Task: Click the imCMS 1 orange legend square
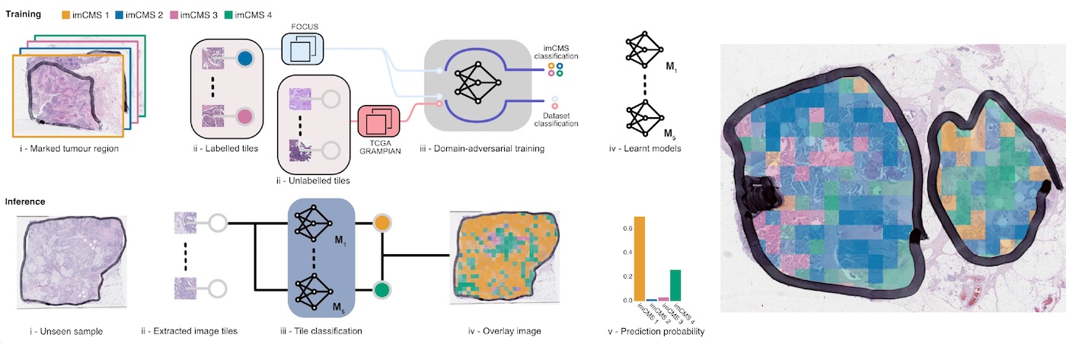(x=65, y=15)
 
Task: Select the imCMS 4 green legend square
(x=228, y=15)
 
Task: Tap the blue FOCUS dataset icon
(x=303, y=49)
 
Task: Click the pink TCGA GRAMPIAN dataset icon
(x=379, y=121)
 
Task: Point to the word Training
(x=24, y=14)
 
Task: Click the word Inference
(x=25, y=202)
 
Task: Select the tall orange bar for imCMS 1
(x=640, y=259)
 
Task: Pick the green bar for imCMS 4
(x=675, y=285)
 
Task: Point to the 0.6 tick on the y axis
(x=627, y=229)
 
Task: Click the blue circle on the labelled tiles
(x=244, y=59)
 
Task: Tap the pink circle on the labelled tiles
(x=244, y=116)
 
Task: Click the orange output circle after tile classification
(x=382, y=223)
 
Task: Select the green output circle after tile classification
(x=382, y=290)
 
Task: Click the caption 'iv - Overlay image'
(x=504, y=331)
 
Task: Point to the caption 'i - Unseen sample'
(x=66, y=332)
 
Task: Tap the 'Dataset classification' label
(x=556, y=119)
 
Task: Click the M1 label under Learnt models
(x=671, y=67)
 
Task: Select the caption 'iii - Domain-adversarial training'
(x=482, y=148)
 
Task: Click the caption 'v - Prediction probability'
(x=656, y=332)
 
